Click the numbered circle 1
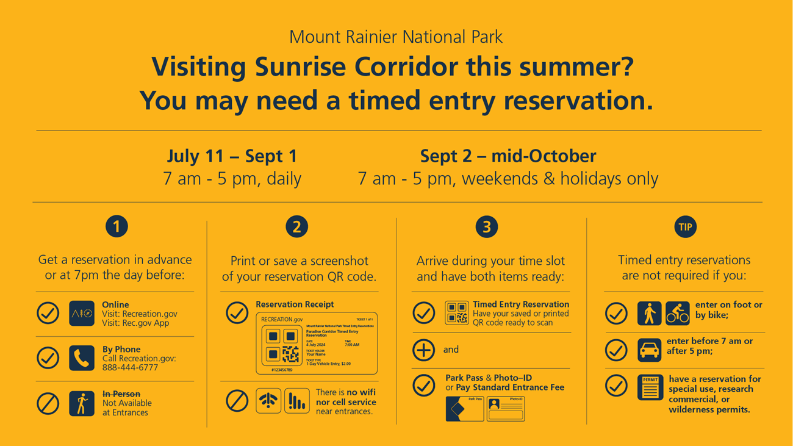(x=117, y=226)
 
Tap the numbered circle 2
(x=296, y=227)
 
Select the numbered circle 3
(x=486, y=227)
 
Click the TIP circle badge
(x=685, y=227)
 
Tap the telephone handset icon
(x=82, y=358)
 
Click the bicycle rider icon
(x=677, y=314)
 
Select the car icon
(x=649, y=351)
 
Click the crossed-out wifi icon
(x=268, y=401)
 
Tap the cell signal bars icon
(x=296, y=401)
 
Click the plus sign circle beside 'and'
(x=423, y=350)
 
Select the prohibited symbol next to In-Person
(x=48, y=403)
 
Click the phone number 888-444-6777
(x=130, y=367)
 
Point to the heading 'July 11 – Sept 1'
(x=232, y=156)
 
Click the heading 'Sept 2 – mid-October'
(x=508, y=156)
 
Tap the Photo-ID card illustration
(x=506, y=408)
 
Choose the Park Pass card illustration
(x=464, y=408)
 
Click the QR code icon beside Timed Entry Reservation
(x=456, y=313)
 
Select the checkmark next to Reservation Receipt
(x=237, y=313)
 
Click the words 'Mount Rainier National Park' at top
(x=396, y=37)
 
